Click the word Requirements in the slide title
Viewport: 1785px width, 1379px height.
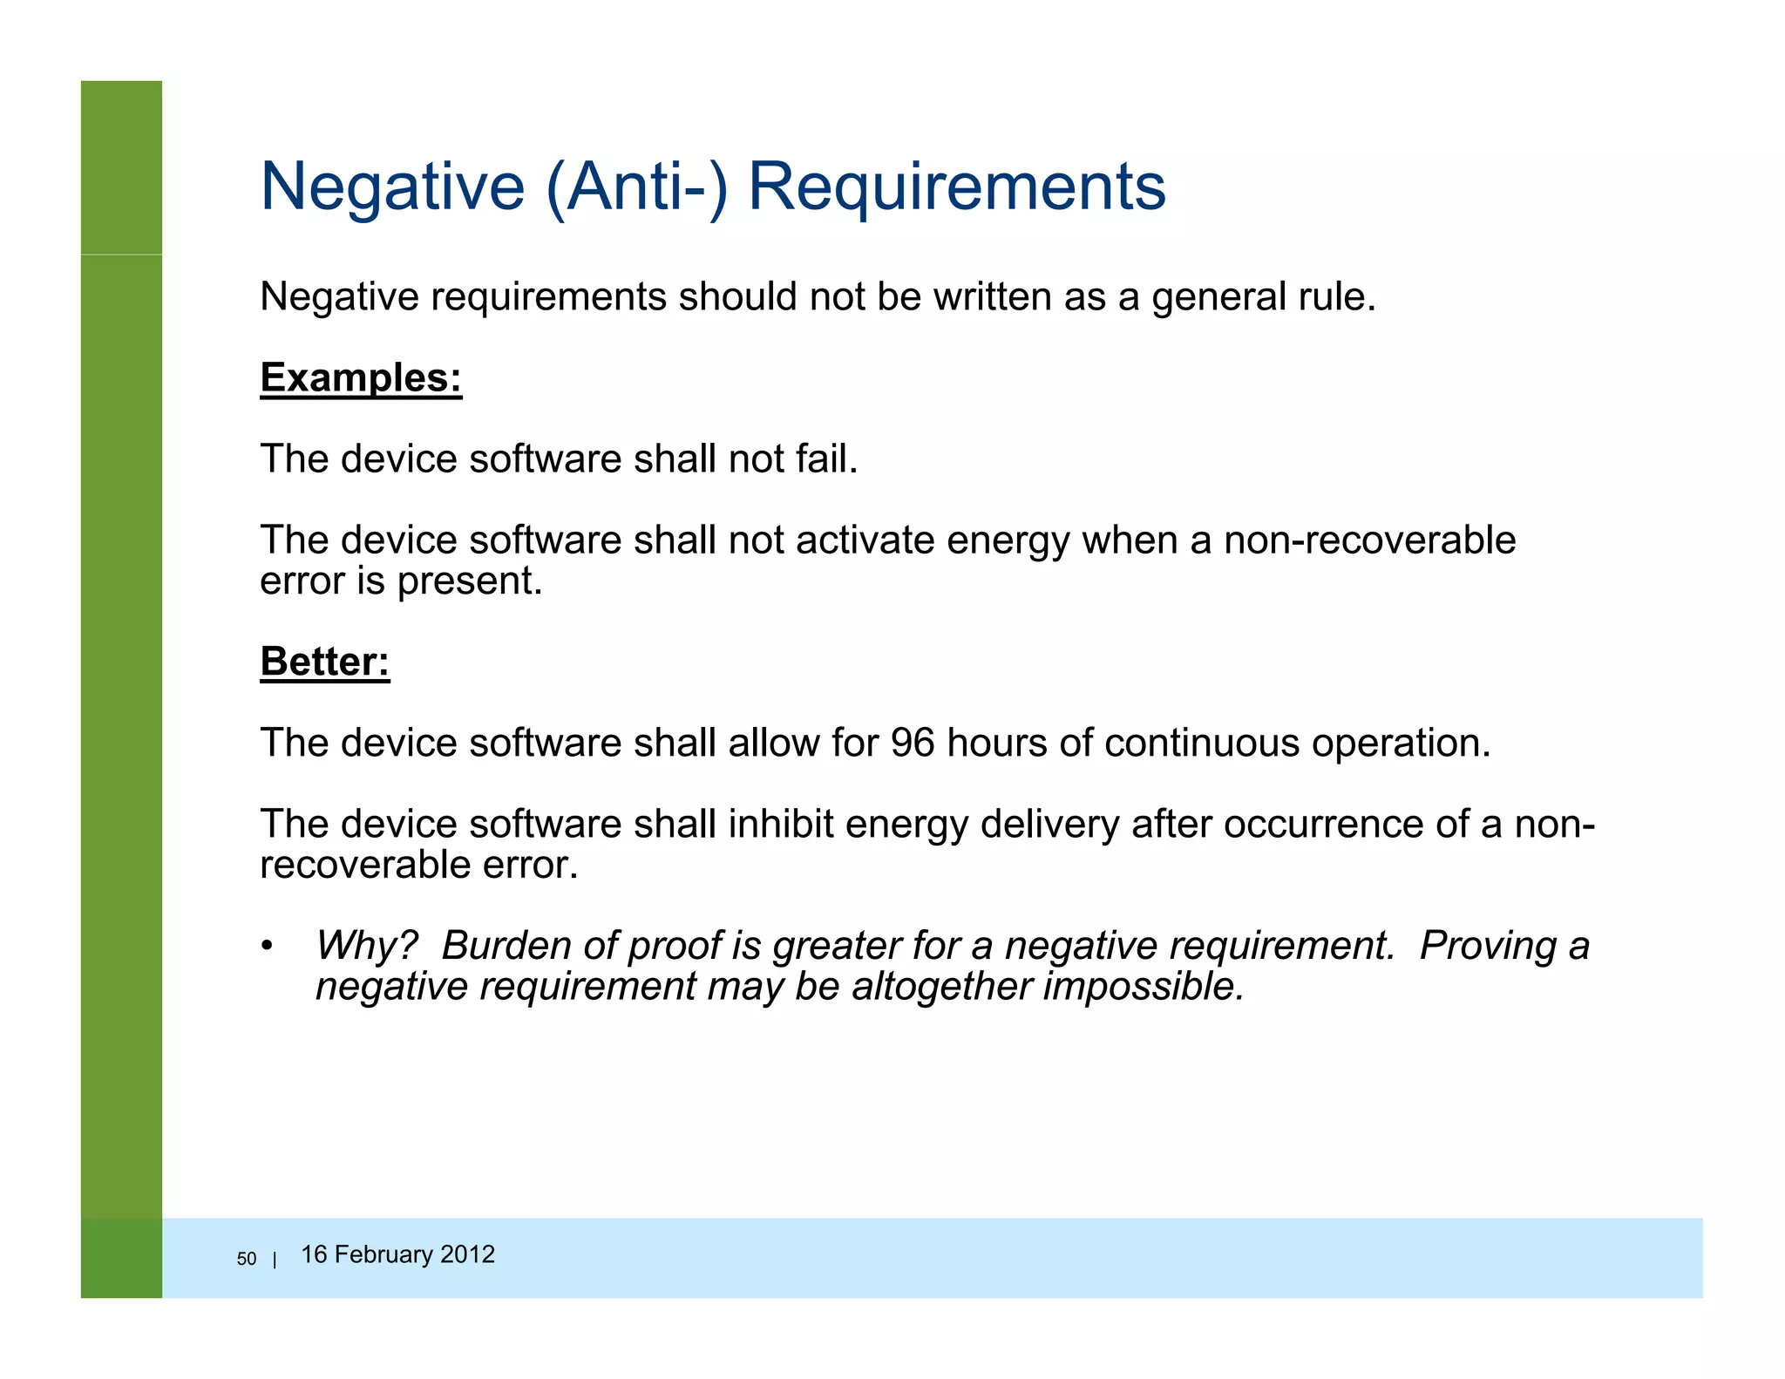[956, 187]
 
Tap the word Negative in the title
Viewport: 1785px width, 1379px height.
[392, 187]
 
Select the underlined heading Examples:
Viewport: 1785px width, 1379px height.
[361, 378]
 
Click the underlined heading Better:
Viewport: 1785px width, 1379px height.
[324, 662]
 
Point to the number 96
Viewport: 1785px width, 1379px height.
[912, 743]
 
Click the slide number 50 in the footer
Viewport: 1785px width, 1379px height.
[247, 1259]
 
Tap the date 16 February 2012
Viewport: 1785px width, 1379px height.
[397, 1254]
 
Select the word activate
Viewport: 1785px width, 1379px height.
[865, 540]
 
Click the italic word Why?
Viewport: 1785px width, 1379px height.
[366, 946]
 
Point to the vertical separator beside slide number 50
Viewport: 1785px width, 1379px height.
[275, 1260]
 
